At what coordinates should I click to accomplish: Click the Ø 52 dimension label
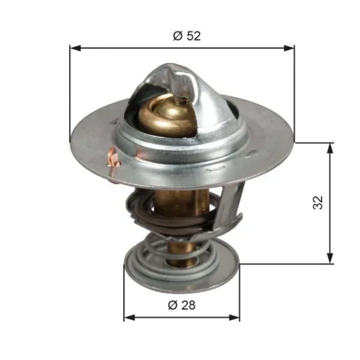tap(187, 36)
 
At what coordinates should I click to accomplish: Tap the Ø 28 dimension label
tap(182, 305)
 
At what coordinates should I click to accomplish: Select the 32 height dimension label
tap(318, 203)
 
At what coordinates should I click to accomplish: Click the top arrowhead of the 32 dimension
tap(330, 148)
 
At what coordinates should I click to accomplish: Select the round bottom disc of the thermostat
tap(180, 273)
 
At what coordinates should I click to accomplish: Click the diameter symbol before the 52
tap(177, 36)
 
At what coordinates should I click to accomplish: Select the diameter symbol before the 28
tap(172, 305)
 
